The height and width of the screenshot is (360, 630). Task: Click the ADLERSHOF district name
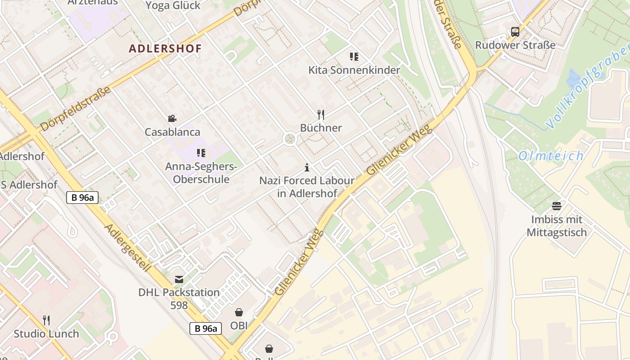(165, 49)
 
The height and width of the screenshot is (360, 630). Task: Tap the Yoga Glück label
(173, 5)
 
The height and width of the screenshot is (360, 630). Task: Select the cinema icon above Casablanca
(172, 119)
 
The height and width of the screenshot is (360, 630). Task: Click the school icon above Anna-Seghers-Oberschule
(201, 153)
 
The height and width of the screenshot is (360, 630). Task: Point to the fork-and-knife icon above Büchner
(321, 115)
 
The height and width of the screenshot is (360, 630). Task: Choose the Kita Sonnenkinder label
(354, 70)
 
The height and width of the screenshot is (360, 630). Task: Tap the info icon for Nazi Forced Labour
(307, 168)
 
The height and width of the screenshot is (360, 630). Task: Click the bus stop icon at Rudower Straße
(515, 32)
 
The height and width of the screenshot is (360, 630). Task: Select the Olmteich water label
(551, 156)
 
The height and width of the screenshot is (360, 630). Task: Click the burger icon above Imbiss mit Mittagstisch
(557, 206)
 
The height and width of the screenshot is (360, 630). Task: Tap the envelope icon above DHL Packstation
(179, 279)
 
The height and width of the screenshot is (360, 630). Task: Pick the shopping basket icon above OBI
(239, 312)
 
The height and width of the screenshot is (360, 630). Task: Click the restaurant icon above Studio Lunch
(46, 320)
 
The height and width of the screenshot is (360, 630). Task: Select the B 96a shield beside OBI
(206, 328)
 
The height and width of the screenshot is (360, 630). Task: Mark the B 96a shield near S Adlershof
(82, 197)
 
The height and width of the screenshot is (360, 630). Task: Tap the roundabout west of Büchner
(290, 139)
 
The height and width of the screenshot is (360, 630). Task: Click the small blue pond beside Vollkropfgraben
(574, 77)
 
